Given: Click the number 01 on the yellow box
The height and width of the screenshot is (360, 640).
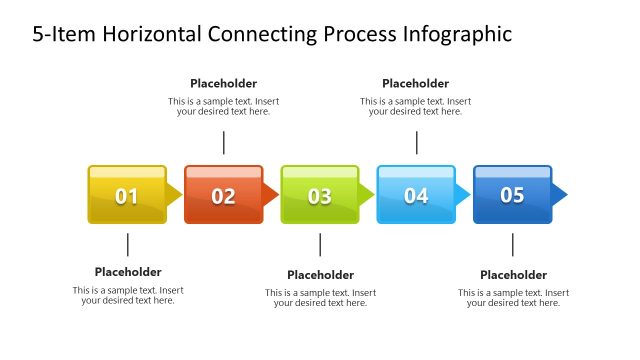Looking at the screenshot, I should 127,196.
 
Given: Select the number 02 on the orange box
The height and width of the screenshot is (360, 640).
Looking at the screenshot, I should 223,196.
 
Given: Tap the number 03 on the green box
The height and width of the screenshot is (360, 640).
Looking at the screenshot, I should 319,196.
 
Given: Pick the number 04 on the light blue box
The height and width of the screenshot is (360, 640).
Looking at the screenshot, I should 416,196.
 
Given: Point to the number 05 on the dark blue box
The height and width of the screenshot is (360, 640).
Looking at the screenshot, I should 512,195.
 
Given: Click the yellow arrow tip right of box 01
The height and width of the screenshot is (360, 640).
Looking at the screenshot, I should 175,194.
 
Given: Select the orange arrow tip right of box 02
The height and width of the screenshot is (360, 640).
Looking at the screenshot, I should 271,194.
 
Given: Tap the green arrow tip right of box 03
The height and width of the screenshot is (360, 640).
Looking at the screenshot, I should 367,194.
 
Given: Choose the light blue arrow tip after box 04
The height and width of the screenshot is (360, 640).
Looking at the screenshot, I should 463,194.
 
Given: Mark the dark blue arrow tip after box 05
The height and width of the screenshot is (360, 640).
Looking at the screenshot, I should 560,193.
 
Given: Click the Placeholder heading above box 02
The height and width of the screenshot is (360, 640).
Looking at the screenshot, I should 223,84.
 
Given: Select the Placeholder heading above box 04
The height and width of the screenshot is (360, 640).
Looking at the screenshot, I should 415,84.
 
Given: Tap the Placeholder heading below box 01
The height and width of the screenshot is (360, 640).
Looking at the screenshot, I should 128,272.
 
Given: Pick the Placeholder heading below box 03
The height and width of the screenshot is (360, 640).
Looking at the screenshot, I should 320,275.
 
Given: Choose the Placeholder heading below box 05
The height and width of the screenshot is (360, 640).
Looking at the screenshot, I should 513,275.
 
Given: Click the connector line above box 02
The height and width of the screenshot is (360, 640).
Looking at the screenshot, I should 224,142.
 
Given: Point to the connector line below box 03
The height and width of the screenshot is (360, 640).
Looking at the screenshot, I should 320,245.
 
